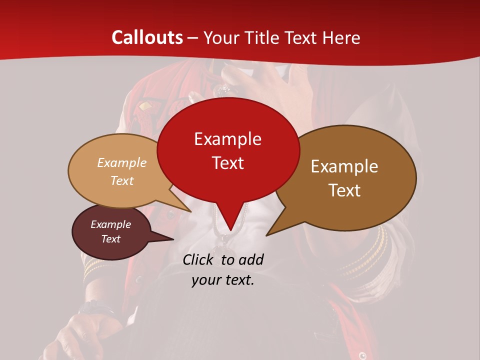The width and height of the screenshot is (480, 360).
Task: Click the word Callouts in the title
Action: (x=147, y=38)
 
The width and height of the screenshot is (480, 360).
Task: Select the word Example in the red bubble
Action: (x=227, y=139)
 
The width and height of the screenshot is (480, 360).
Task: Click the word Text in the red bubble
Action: (x=227, y=163)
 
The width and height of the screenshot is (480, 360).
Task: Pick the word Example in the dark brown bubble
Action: (x=344, y=166)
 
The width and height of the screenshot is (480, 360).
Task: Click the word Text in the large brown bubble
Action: (x=344, y=190)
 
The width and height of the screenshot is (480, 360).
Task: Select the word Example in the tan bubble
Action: (x=122, y=163)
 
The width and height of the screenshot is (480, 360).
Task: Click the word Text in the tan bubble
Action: (x=122, y=181)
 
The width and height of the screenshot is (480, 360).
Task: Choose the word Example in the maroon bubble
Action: (x=110, y=224)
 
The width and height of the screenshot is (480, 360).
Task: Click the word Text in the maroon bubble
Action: (x=110, y=239)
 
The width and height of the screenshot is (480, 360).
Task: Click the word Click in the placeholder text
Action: (x=198, y=259)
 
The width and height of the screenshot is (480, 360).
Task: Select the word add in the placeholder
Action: (x=251, y=259)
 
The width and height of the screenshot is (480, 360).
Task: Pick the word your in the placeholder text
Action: (x=205, y=280)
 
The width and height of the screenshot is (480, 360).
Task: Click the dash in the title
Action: (x=193, y=38)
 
